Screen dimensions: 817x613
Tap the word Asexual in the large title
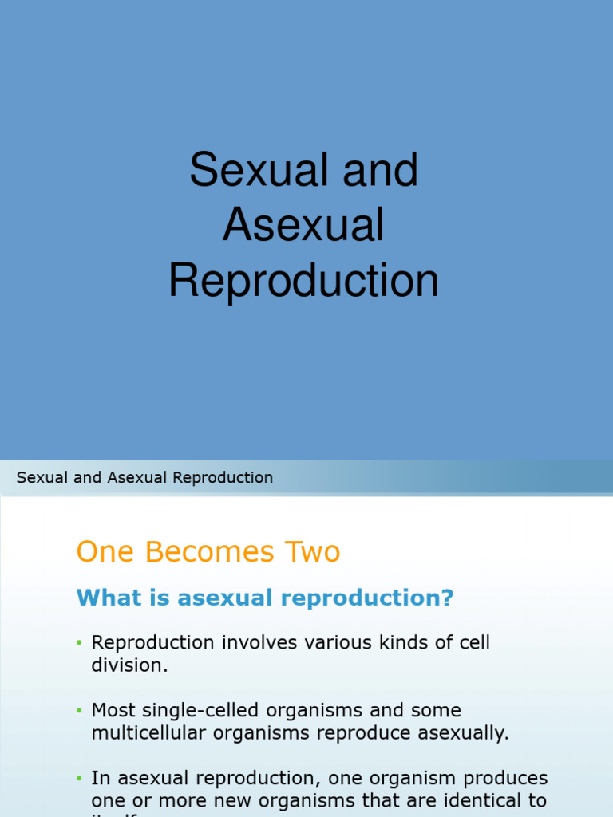point(303,226)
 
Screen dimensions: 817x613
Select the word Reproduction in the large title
point(303,282)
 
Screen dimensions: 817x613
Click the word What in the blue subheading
point(101,598)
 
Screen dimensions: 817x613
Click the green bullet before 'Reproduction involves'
point(80,643)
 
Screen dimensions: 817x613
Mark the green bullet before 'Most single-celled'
point(80,711)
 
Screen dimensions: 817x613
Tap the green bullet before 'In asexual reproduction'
point(80,779)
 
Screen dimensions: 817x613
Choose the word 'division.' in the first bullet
point(129,665)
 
